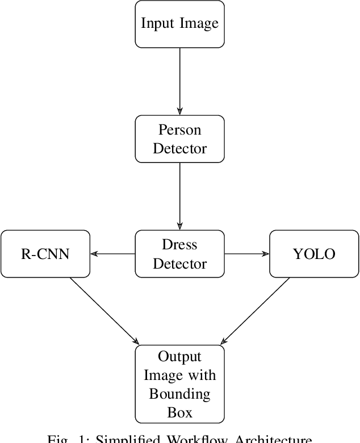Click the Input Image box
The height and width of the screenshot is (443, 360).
point(179,24)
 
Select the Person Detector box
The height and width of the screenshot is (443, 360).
point(179,139)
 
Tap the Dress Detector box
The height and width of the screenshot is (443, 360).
point(179,253)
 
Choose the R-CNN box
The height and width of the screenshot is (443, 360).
point(45,253)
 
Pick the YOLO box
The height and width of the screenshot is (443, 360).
point(314,253)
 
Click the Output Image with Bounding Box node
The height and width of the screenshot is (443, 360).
point(179,384)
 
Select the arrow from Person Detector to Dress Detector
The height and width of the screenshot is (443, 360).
point(179,196)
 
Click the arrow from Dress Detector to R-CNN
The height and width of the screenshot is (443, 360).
point(112,254)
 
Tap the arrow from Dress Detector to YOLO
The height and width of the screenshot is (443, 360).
point(246,254)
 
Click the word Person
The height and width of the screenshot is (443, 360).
point(179,130)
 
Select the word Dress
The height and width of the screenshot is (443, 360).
point(179,245)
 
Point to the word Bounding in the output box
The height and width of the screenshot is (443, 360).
point(179,394)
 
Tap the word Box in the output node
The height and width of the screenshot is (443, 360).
point(179,412)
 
